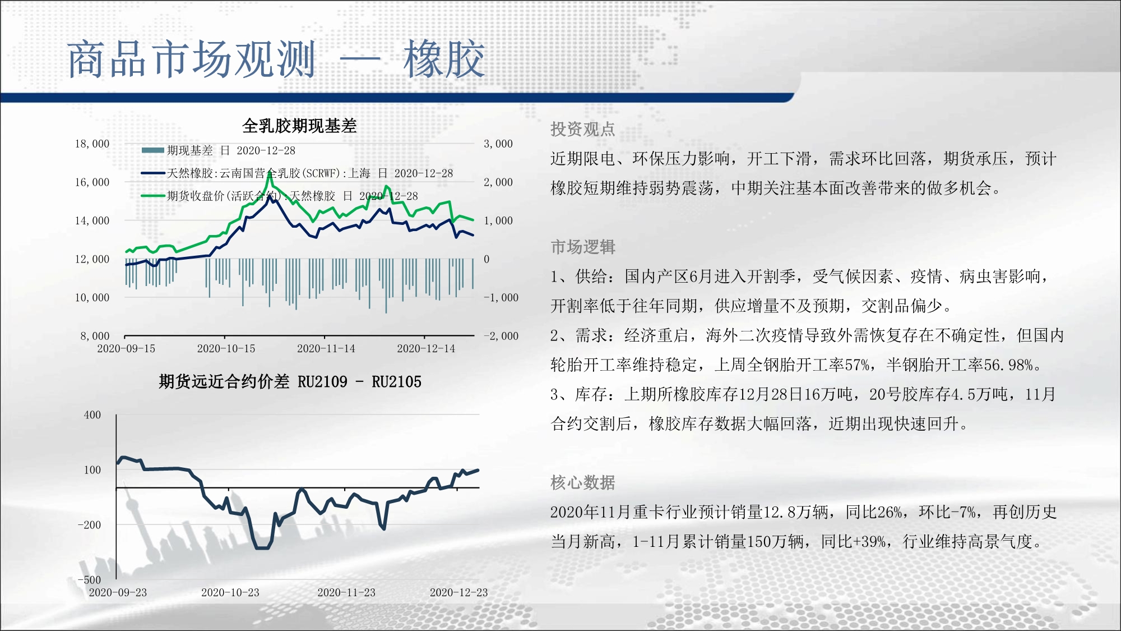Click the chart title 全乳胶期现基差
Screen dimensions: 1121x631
[x=299, y=126]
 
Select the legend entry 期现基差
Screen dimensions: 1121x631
[x=190, y=150]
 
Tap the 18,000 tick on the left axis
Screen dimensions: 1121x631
[x=92, y=144]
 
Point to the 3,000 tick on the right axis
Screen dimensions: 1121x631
[x=498, y=144]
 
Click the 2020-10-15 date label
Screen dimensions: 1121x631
[x=226, y=348]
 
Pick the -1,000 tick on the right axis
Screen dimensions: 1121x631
[x=501, y=297]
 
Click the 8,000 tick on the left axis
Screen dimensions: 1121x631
[x=95, y=336]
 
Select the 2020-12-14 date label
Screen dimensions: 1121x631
[x=426, y=348]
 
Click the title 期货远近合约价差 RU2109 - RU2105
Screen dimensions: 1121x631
[x=290, y=381]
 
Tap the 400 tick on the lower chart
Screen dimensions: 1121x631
[x=92, y=415]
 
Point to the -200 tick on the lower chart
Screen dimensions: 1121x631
[x=90, y=525]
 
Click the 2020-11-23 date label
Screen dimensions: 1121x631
[x=346, y=592]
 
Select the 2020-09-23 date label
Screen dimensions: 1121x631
[x=118, y=592]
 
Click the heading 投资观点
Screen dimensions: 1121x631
[x=583, y=129]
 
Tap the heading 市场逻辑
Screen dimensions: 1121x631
[x=583, y=247]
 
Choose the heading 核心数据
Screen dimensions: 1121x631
[x=583, y=482]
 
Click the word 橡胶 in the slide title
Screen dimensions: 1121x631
[x=444, y=59]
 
